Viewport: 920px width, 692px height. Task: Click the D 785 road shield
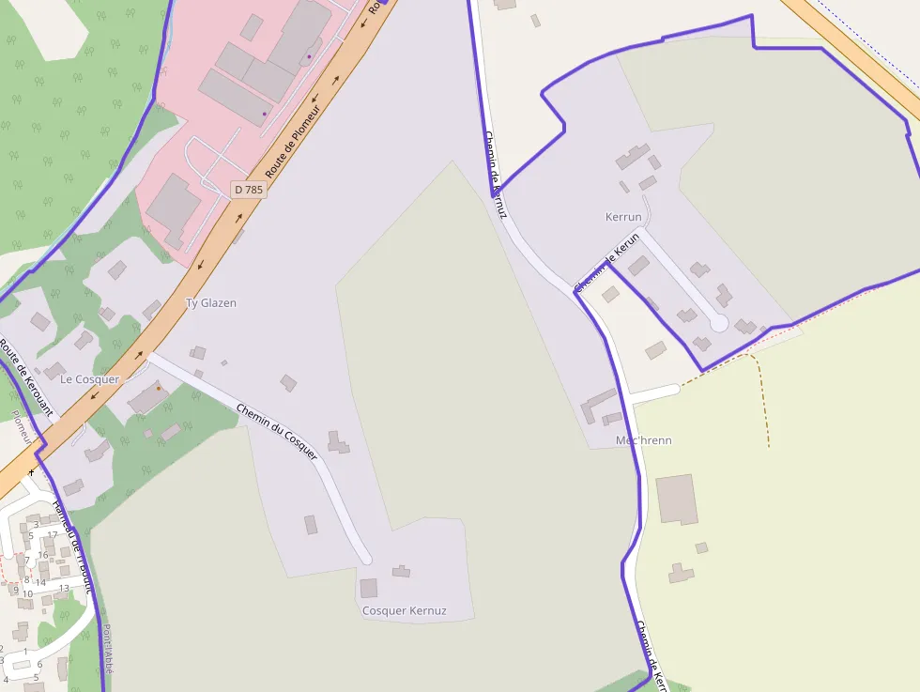249,190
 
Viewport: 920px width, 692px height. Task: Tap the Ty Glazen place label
210,303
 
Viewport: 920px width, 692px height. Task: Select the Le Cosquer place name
90,379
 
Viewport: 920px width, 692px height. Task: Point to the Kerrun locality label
623,217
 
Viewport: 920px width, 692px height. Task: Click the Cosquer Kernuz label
404,611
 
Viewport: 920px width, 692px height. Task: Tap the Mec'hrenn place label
643,440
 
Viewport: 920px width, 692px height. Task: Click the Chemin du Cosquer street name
277,432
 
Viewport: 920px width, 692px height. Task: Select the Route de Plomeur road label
292,142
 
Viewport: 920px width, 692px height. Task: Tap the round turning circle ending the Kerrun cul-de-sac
719,323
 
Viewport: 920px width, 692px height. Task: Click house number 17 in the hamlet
53,535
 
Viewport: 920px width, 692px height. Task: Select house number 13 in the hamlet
64,589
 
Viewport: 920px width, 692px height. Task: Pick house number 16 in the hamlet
42,555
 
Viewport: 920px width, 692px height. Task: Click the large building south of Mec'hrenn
677,499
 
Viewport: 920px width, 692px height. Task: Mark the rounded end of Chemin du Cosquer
367,560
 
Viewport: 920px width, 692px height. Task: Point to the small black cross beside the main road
31,471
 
